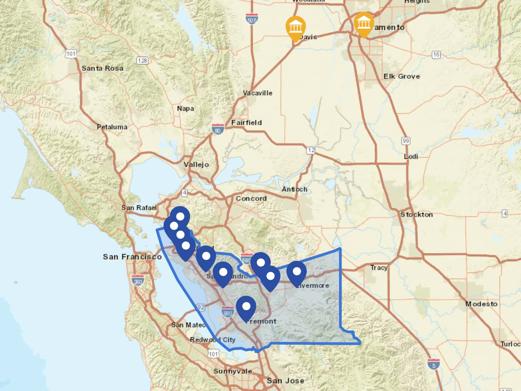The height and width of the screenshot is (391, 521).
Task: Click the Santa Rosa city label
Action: [x=102, y=68]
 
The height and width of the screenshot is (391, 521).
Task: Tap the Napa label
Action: [x=185, y=109]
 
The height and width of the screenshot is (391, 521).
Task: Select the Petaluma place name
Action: [x=112, y=127]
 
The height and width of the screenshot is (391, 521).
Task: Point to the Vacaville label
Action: [x=257, y=93]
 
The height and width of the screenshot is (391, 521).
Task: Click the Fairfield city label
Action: [x=246, y=123]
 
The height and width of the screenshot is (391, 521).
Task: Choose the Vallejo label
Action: [x=196, y=165]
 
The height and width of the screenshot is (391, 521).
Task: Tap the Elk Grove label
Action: [x=402, y=76]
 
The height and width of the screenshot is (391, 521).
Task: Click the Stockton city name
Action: [x=416, y=215]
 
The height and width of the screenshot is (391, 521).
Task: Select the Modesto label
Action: [x=481, y=304]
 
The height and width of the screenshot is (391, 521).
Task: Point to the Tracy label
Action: [x=379, y=267]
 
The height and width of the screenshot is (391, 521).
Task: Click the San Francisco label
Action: [x=132, y=257]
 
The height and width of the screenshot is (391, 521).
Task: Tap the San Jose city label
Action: [x=285, y=381]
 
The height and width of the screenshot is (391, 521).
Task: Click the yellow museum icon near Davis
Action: [x=295, y=26]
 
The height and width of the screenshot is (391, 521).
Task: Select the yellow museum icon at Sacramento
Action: [x=364, y=23]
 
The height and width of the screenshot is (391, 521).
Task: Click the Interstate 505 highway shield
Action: [x=252, y=19]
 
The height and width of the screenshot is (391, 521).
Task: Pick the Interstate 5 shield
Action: [x=433, y=364]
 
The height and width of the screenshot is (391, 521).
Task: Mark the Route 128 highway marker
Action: [x=142, y=60]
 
